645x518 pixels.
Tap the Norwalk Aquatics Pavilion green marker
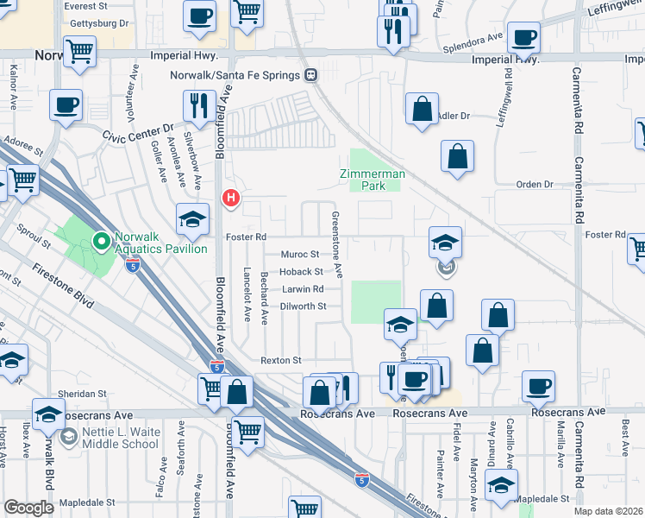(101, 241)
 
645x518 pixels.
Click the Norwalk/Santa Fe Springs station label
(237, 75)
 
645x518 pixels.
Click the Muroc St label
(300, 255)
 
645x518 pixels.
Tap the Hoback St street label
(301, 272)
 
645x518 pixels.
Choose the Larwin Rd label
(302, 289)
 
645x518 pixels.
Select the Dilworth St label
(304, 306)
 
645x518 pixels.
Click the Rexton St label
(281, 360)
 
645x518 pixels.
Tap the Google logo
(28, 508)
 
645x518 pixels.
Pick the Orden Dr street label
(534, 185)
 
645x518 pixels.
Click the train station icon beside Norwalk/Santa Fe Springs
(310, 75)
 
